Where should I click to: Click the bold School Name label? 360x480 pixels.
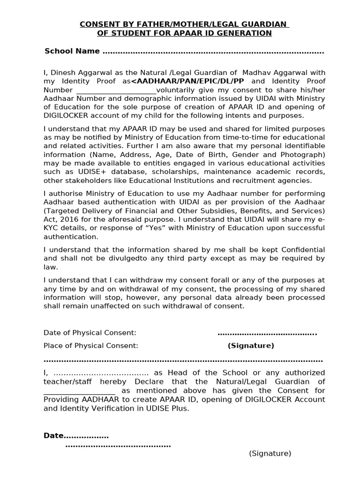[72, 51]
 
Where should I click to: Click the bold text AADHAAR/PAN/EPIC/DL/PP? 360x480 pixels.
[187, 81]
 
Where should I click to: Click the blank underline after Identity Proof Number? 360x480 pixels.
[116, 90]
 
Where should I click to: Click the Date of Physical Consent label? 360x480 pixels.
[90, 333]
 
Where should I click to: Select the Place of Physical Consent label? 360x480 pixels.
[91, 345]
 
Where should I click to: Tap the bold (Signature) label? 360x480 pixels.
[251, 345]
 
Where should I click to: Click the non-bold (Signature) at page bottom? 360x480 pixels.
[270, 453]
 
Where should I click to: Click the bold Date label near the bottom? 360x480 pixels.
[53, 435]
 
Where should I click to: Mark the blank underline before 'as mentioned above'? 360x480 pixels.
[79, 391]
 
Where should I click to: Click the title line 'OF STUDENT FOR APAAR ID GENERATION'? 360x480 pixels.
[184, 33]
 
